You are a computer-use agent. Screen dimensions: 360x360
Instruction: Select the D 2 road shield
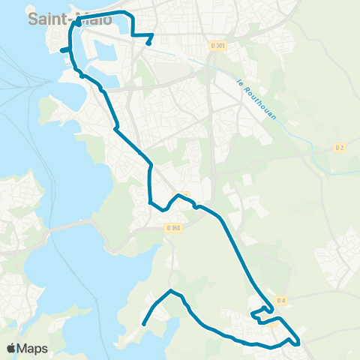point(339,148)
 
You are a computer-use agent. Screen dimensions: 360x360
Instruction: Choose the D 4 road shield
point(281,301)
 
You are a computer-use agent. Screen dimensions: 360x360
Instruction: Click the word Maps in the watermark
point(34,348)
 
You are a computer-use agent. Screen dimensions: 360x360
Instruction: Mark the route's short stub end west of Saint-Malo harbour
point(62,50)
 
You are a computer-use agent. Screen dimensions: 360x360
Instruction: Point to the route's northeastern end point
point(148,43)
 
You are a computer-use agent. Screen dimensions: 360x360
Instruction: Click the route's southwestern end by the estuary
point(143,325)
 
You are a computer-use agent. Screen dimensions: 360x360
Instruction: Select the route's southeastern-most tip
point(298,343)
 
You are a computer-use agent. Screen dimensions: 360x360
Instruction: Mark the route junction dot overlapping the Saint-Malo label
point(77,23)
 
